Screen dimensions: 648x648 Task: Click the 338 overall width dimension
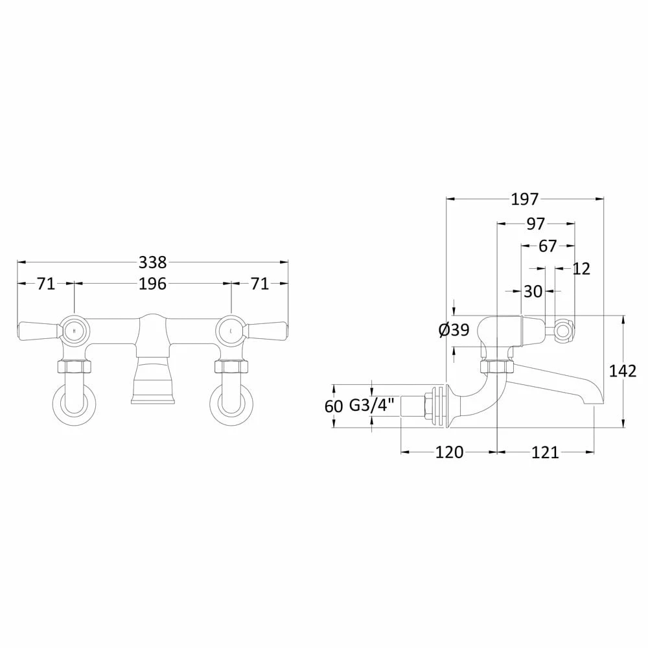(153, 262)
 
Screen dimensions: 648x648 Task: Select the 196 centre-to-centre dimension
(153, 284)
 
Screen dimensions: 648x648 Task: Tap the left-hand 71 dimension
(45, 284)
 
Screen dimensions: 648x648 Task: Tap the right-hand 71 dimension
(259, 284)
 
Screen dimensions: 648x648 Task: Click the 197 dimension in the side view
(525, 200)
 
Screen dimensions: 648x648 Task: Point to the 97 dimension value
(535, 224)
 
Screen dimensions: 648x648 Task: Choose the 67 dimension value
(548, 246)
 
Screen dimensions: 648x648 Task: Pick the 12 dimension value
(582, 269)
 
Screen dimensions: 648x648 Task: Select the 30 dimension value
(533, 292)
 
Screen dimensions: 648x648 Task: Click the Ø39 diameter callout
(454, 330)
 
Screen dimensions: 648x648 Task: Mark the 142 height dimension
(623, 371)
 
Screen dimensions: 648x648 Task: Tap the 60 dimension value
(333, 406)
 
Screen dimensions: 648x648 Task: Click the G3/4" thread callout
(371, 406)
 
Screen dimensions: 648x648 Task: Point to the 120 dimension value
(448, 452)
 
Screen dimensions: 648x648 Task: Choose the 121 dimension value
(545, 452)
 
